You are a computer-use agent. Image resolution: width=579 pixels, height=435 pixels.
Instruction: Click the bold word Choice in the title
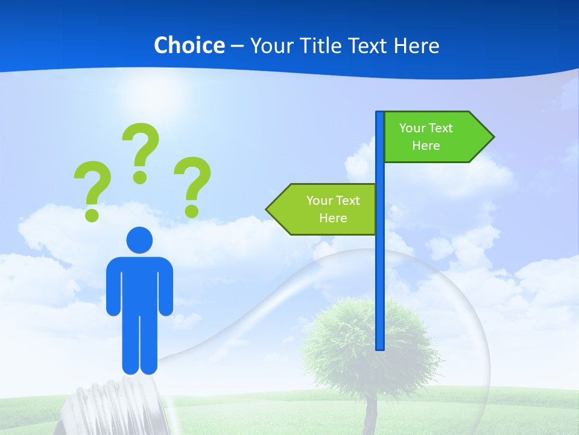click(189, 45)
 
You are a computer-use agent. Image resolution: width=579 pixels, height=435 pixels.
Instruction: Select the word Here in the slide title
click(417, 45)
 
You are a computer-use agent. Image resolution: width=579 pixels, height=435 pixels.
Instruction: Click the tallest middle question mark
click(141, 151)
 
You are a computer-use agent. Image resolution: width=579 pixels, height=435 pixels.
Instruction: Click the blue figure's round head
click(140, 239)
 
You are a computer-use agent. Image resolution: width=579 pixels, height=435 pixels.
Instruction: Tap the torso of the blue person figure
click(140, 284)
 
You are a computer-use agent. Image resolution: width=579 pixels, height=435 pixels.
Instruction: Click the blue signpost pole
click(380, 272)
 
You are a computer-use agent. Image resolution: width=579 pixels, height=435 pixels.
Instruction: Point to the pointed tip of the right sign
click(492, 137)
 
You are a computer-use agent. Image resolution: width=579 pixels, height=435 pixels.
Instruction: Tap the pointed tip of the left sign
click(268, 209)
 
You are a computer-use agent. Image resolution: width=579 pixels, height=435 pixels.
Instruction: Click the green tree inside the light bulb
click(368, 344)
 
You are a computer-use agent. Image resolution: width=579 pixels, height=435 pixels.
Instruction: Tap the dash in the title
click(237, 46)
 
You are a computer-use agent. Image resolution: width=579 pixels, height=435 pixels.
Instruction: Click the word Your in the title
click(271, 45)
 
